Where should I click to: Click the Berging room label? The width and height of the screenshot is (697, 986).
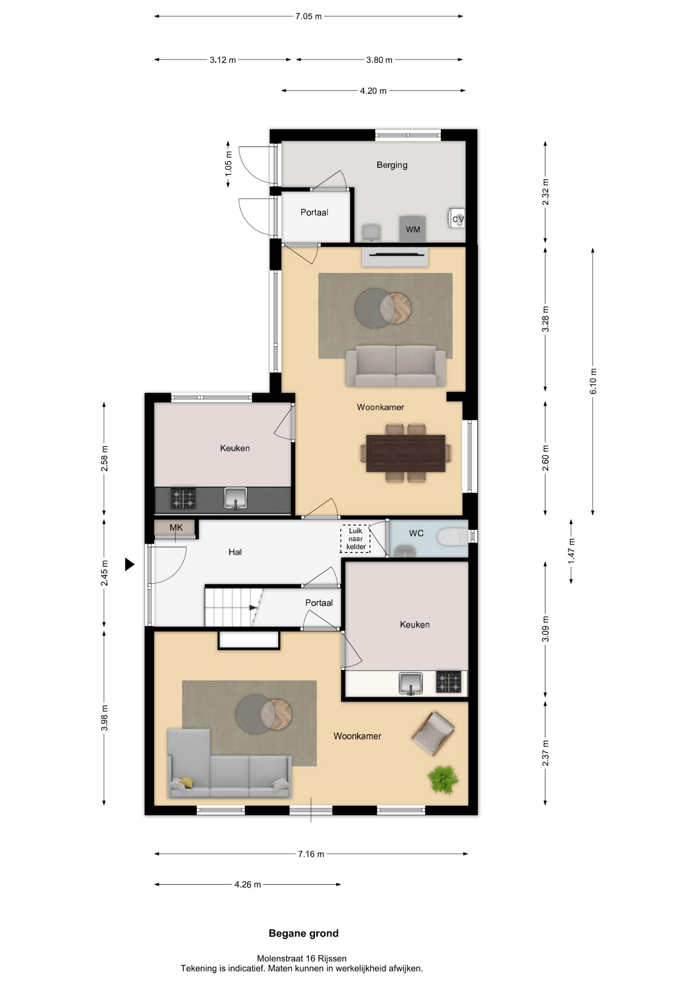pyautogui.click(x=392, y=165)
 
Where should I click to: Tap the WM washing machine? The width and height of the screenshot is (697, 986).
pyautogui.click(x=413, y=229)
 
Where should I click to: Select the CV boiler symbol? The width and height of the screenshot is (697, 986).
pyautogui.click(x=457, y=219)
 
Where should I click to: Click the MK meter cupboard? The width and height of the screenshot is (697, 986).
pyautogui.click(x=175, y=528)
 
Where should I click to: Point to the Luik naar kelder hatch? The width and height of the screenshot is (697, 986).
pyautogui.click(x=355, y=539)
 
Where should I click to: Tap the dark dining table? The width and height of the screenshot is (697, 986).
pyautogui.click(x=405, y=453)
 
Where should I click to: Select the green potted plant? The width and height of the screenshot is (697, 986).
pyautogui.click(x=443, y=780)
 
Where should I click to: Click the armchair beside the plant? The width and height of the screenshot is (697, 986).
pyautogui.click(x=433, y=733)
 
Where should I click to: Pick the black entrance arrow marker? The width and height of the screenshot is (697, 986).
pyautogui.click(x=129, y=564)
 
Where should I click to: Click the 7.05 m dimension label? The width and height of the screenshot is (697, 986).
pyautogui.click(x=308, y=16)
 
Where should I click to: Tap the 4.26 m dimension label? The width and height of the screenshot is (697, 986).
pyautogui.click(x=248, y=884)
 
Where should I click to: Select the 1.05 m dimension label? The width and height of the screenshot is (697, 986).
pyautogui.click(x=228, y=164)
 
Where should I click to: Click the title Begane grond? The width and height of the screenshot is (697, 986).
pyautogui.click(x=304, y=933)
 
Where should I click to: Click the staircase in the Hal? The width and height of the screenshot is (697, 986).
pyautogui.click(x=234, y=607)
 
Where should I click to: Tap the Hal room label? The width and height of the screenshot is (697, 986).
pyautogui.click(x=235, y=552)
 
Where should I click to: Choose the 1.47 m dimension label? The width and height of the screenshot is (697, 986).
pyautogui.click(x=571, y=551)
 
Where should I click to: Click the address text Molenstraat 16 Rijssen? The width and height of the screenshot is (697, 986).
pyautogui.click(x=302, y=958)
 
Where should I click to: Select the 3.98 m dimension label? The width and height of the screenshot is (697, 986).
pyautogui.click(x=104, y=718)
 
